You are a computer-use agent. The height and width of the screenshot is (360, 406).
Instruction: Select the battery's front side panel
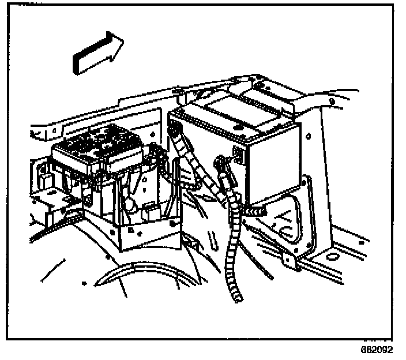click(271, 167)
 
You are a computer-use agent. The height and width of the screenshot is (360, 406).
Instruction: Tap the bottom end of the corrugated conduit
click(237, 297)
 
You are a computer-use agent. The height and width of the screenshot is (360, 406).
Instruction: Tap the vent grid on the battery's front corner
click(238, 153)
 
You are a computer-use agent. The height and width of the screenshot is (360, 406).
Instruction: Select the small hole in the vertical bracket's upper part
click(310, 137)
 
